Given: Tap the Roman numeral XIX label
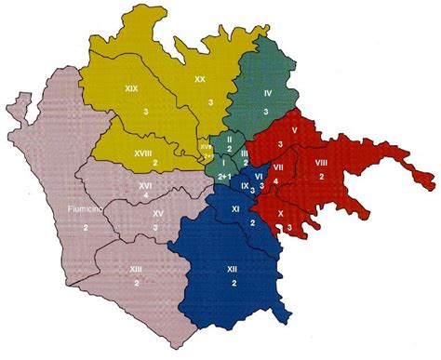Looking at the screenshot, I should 131,88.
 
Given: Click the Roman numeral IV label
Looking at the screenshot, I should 267,93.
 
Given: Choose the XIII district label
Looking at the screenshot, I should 137,268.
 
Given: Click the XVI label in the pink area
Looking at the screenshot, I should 145,186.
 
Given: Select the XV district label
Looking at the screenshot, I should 158,214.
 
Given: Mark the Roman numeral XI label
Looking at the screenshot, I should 236,210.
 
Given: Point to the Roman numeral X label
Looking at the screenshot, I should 280,214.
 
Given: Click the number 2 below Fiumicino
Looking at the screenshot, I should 86,227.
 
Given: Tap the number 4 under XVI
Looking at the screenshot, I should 146,198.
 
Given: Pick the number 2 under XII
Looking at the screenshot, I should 233,283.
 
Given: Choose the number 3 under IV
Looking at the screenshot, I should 267,111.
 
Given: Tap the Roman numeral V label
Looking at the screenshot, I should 293,130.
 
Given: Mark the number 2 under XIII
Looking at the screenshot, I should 137,282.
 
